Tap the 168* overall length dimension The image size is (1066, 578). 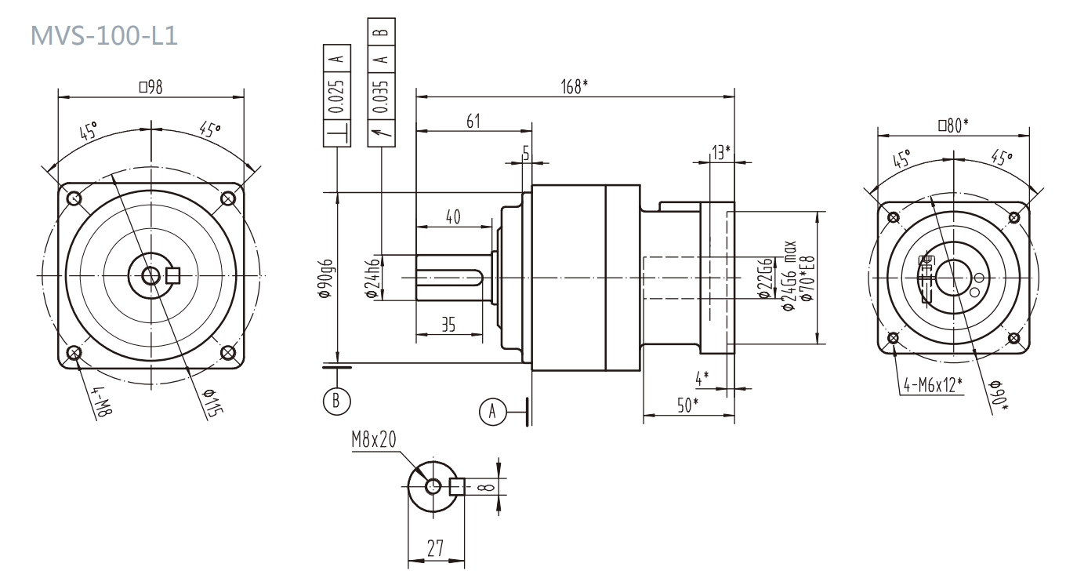(x=575, y=86)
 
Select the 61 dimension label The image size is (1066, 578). (x=473, y=120)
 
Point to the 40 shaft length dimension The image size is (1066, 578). (x=453, y=217)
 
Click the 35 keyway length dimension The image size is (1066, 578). (x=448, y=325)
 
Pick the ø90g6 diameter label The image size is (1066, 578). (x=327, y=279)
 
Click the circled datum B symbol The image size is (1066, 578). (x=336, y=399)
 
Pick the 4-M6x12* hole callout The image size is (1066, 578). (x=933, y=384)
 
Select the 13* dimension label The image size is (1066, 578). (x=721, y=152)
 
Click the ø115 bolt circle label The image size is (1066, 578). (x=210, y=403)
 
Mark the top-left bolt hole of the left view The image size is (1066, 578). (x=74, y=198)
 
